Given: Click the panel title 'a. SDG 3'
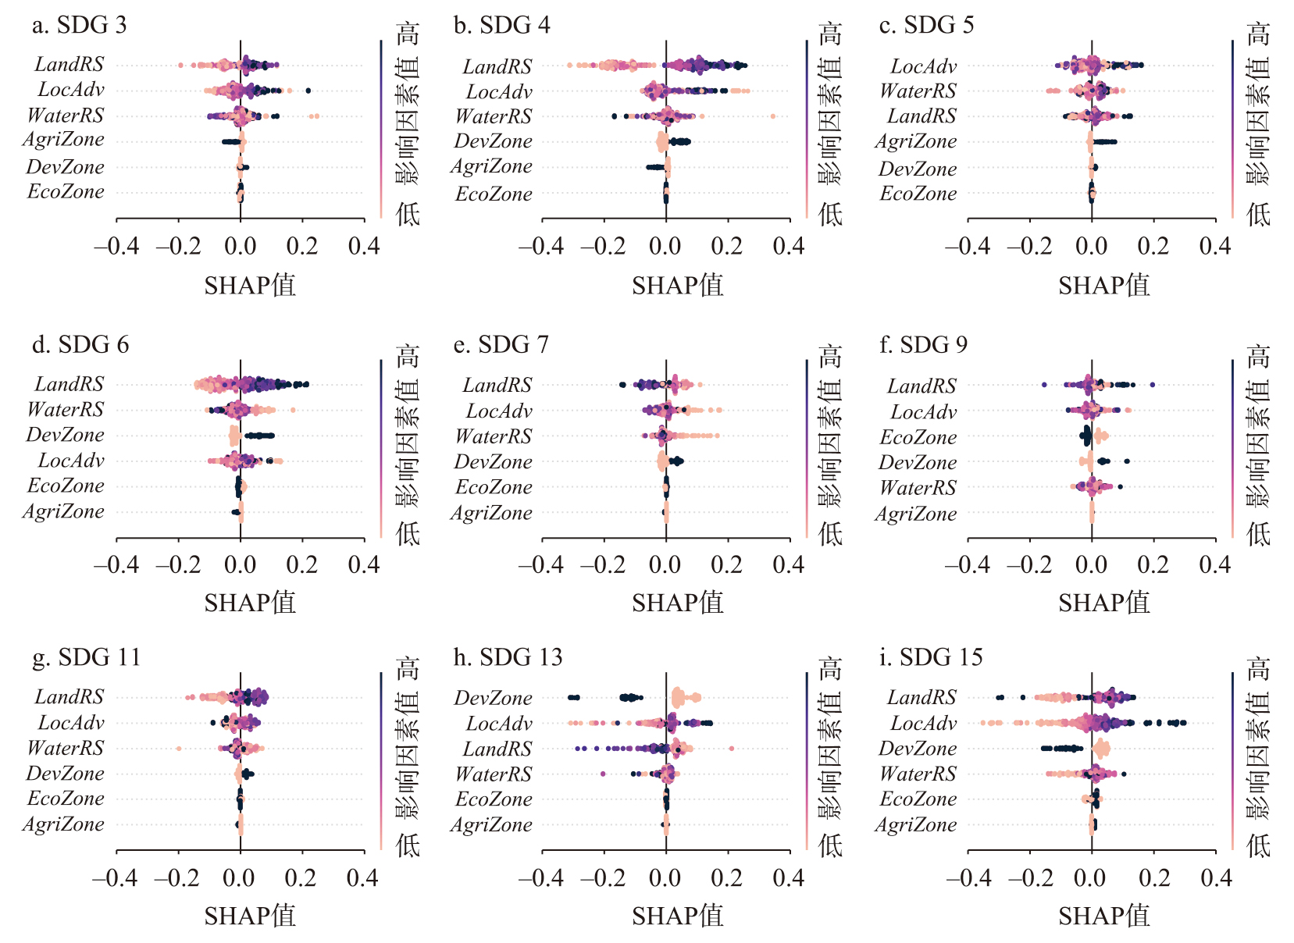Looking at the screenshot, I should (79, 25).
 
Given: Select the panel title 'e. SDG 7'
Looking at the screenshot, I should (501, 344).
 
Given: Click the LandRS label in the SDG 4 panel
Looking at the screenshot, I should (497, 67).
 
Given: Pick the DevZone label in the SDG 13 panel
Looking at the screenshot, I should (493, 698).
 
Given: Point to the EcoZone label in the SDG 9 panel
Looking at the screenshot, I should (918, 437).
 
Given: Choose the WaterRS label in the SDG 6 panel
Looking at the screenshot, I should (65, 410).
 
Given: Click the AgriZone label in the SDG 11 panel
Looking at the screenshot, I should (63, 824).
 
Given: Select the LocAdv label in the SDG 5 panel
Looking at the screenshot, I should (923, 67).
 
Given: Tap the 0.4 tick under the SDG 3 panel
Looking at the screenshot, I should (364, 247).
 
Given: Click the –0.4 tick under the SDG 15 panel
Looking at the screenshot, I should (968, 878).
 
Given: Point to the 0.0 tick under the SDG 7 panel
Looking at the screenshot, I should (665, 565).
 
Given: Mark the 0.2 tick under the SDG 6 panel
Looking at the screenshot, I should (302, 565).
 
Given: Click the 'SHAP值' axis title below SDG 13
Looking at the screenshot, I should (677, 916).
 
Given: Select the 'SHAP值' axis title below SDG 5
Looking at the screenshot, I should (1103, 286).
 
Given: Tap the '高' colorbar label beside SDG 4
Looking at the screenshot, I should (830, 34).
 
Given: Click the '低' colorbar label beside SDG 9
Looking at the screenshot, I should (1257, 533).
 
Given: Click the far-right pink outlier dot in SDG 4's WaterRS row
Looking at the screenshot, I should (772, 116).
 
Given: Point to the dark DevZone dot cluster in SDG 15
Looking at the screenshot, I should (1061, 749).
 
